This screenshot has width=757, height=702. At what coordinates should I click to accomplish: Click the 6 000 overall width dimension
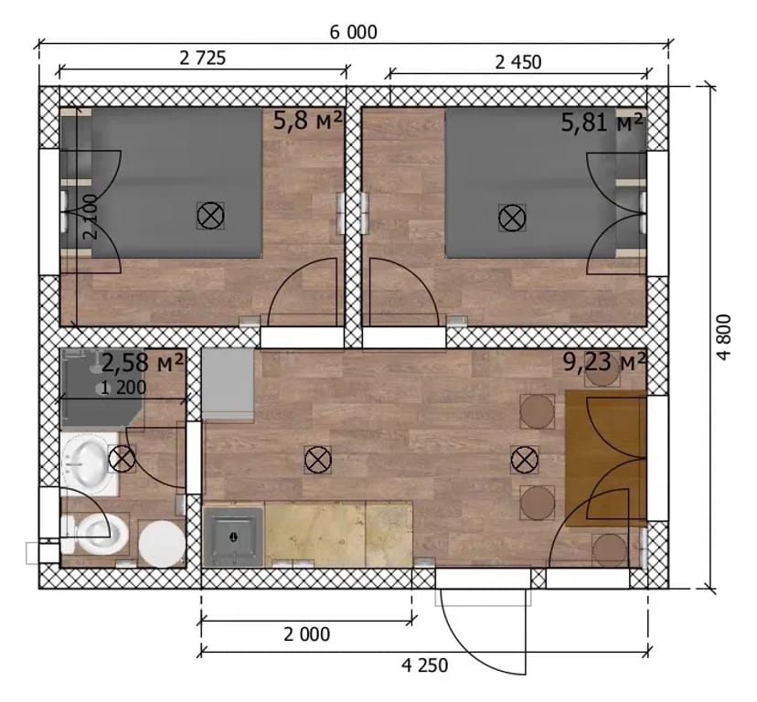tap(354, 32)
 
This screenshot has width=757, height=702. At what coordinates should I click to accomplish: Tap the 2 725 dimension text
tap(202, 58)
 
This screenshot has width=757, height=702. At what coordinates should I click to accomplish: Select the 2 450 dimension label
tap(518, 62)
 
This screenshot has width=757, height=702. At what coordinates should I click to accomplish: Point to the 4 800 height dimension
tap(725, 337)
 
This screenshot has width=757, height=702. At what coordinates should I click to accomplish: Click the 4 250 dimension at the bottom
tap(425, 665)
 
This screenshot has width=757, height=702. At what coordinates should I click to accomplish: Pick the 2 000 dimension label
tap(306, 634)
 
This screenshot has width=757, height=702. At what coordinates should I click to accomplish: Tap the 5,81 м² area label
tap(602, 122)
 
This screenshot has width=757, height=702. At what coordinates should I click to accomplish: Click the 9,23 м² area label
tap(604, 362)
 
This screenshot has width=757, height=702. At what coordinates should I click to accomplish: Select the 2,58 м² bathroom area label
tap(143, 363)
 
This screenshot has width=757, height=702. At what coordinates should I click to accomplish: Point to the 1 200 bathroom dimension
tap(123, 388)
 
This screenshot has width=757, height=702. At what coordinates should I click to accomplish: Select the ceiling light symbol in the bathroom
tap(122, 459)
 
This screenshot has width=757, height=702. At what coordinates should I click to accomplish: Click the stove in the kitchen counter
tap(234, 536)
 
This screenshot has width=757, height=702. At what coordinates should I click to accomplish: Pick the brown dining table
tap(605, 459)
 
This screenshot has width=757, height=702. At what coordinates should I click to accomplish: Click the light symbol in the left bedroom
tap(210, 216)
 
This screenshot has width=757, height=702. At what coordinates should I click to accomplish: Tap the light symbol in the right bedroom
tap(512, 218)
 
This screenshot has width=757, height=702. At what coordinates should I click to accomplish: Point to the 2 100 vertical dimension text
tap(91, 217)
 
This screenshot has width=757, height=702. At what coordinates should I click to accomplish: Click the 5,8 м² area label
tap(308, 121)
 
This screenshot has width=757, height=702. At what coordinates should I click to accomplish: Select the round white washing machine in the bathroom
tap(162, 544)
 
